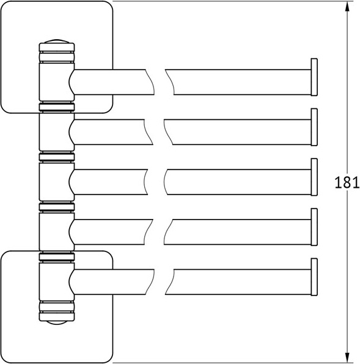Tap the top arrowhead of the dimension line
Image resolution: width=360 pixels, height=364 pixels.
click(x=347, y=7)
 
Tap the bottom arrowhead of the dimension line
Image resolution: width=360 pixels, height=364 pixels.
click(x=347, y=357)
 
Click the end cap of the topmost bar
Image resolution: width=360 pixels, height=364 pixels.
click(x=315, y=78)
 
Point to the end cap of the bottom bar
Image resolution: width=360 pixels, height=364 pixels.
click(x=315, y=277)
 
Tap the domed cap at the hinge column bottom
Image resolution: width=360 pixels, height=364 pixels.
click(x=56, y=322)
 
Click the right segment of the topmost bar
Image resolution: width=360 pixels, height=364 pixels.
click(x=238, y=82)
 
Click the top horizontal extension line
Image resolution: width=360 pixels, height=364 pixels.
click(x=232, y=1)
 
